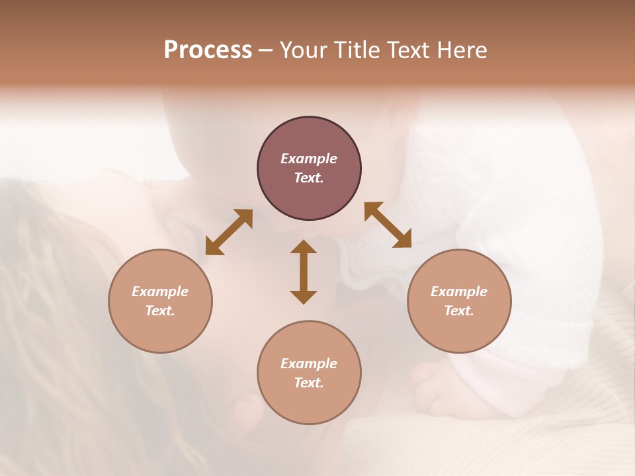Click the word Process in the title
pyautogui.click(x=208, y=50)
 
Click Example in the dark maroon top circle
pyautogui.click(x=309, y=159)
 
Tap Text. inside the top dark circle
pyautogui.click(x=309, y=178)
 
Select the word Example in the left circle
pyautogui.click(x=160, y=292)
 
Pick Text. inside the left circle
pyautogui.click(x=160, y=311)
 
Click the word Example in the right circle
pyautogui.click(x=459, y=292)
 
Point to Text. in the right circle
pyautogui.click(x=459, y=311)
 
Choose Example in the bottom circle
pyautogui.click(x=309, y=364)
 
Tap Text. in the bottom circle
pyautogui.click(x=309, y=383)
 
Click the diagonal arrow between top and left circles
pyautogui.click(x=229, y=232)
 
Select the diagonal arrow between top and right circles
pyautogui.click(x=388, y=225)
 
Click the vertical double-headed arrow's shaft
pyautogui.click(x=304, y=272)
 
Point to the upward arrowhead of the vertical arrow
pyautogui.click(x=304, y=246)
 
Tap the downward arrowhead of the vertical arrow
pyautogui.click(x=304, y=297)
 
